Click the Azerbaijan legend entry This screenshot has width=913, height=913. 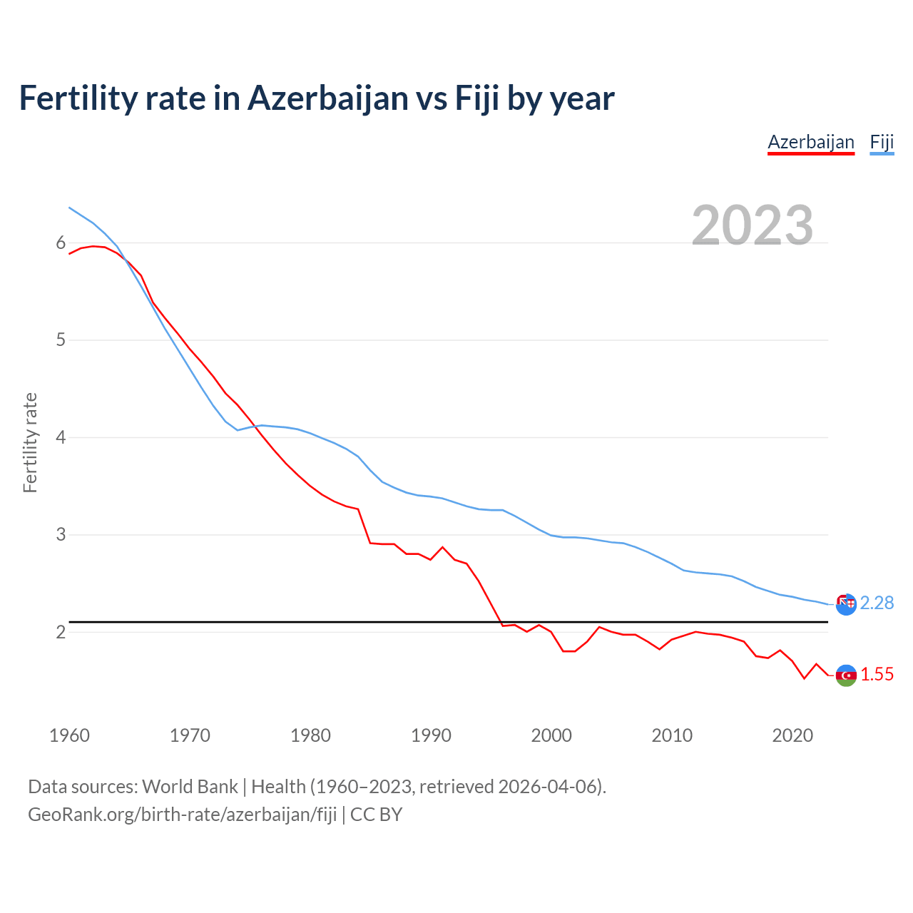pyautogui.click(x=811, y=142)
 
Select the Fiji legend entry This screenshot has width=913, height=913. pyautogui.click(x=882, y=142)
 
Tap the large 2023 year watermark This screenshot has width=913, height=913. pyautogui.click(x=753, y=225)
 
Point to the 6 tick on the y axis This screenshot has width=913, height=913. pyautogui.click(x=61, y=243)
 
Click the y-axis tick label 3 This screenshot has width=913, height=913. pyautogui.click(x=61, y=534)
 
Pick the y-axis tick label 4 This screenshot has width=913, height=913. pyautogui.click(x=61, y=437)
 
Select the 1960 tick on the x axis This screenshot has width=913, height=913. pyautogui.click(x=69, y=735)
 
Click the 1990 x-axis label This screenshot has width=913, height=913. pyautogui.click(x=431, y=735)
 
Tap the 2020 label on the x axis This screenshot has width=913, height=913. pyautogui.click(x=792, y=735)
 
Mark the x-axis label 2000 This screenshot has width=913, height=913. pyautogui.click(x=551, y=735)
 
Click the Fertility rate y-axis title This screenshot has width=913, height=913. pyautogui.click(x=30, y=442)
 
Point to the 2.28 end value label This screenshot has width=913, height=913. pyautogui.click(x=877, y=603)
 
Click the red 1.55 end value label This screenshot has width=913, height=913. pyautogui.click(x=877, y=675)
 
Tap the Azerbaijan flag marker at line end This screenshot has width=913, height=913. pyautogui.click(x=846, y=675)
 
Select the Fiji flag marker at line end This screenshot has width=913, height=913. pyautogui.click(x=846, y=604)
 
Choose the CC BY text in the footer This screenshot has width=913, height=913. pyautogui.click(x=377, y=815)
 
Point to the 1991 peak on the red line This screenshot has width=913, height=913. pyautogui.click(x=442, y=547)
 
